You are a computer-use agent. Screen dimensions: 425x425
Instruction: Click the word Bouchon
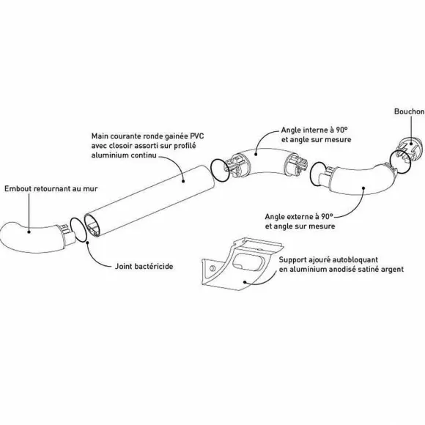pyautogui.click(x=410, y=111)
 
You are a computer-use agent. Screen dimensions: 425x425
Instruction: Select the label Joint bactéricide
pyautogui.click(x=144, y=266)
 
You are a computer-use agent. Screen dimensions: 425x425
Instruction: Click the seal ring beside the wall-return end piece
pyautogui.click(x=78, y=229)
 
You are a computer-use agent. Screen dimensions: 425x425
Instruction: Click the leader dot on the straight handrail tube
pyautogui.click(x=183, y=181)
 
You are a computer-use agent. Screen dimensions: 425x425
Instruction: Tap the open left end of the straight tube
pyautogui.click(x=93, y=226)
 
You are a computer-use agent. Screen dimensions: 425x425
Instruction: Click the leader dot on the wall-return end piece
pyautogui.click(x=29, y=232)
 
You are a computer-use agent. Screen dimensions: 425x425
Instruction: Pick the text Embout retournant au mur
pyautogui.click(x=51, y=188)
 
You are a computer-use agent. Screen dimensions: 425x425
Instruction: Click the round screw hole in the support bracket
pyautogui.click(x=212, y=268)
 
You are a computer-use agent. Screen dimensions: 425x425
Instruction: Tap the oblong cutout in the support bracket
pyautogui.click(x=248, y=262)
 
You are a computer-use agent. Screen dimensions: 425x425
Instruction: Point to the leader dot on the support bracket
pyautogui.click(x=245, y=282)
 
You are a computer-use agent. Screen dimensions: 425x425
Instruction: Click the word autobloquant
pyautogui.click(x=355, y=259)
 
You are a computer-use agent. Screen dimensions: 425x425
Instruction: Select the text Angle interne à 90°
pyautogui.click(x=314, y=130)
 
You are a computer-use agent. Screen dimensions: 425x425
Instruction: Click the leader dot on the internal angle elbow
pyautogui.click(x=255, y=154)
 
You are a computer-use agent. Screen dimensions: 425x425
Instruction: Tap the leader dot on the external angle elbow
pyautogui.click(x=363, y=188)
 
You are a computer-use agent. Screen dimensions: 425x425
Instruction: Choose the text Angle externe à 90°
pyautogui.click(x=299, y=217)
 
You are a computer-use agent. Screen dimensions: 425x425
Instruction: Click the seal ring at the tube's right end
pyautogui.click(x=220, y=170)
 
